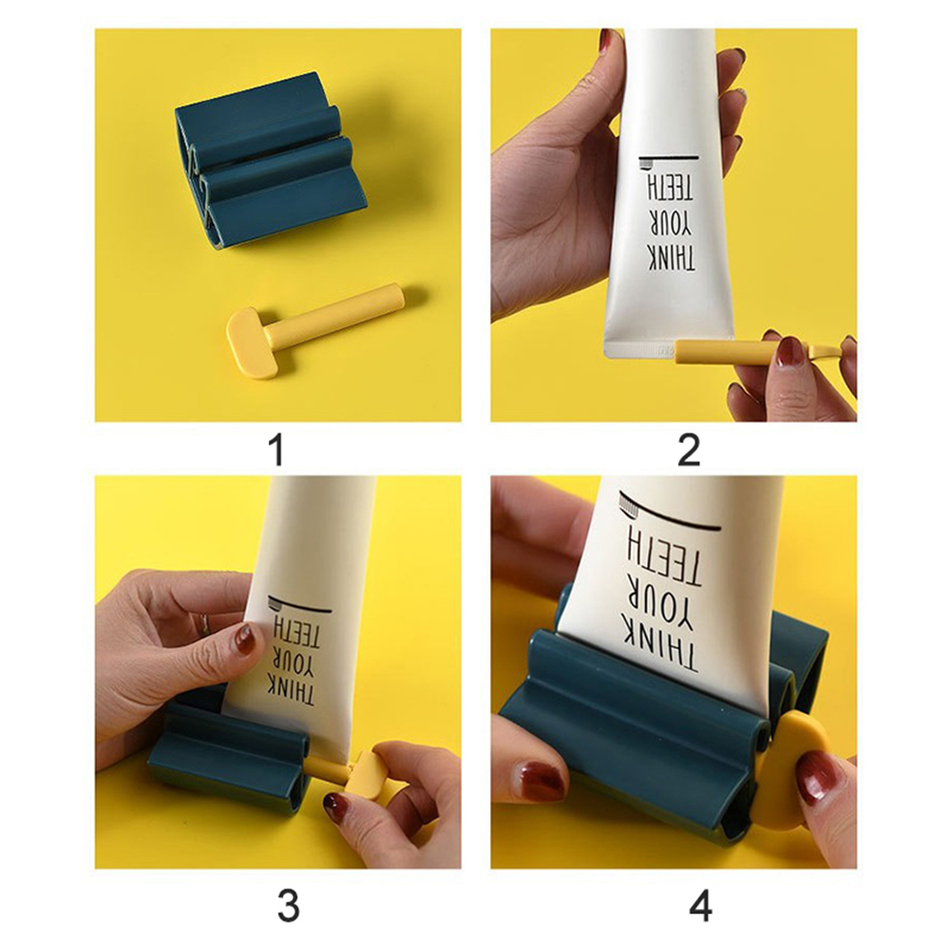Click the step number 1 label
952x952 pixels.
coord(276,451)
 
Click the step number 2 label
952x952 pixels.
coord(689,451)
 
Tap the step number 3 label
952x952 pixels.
coord(289,905)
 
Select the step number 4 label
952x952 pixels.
coord(700,905)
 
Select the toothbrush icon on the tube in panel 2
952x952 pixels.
coord(646,163)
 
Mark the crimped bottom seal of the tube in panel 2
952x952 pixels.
coord(639,351)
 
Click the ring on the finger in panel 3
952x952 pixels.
coord(204,623)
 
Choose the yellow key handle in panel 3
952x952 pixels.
coord(362,772)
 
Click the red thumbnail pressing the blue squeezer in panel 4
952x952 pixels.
coord(539,780)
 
